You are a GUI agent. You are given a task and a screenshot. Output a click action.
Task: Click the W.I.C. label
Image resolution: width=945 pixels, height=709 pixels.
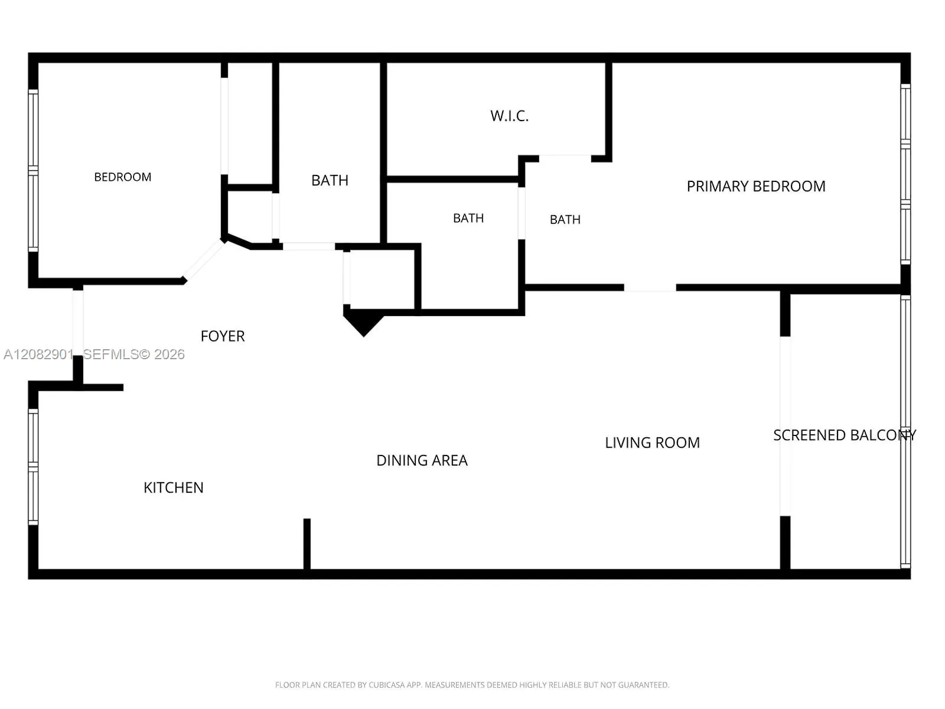509,116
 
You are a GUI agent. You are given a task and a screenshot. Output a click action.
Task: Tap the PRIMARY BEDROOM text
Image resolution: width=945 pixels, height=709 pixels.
755,186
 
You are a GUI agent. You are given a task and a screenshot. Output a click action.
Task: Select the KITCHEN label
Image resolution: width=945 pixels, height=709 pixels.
174,488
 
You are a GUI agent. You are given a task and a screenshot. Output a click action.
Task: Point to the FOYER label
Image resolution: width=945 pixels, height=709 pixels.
223,336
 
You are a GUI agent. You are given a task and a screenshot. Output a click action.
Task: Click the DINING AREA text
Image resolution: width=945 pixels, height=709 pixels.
422,461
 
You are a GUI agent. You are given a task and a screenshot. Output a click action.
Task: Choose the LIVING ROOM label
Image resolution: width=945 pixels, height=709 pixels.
652,443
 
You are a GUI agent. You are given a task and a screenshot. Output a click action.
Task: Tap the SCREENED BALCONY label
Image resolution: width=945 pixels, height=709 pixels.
845,435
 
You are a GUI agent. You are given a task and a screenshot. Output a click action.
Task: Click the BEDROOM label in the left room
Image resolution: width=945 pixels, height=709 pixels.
123,177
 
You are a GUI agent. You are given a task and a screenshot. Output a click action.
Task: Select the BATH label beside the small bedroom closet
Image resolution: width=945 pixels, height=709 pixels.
330,180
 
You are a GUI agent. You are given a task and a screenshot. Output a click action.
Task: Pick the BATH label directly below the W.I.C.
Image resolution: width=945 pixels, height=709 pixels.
468,218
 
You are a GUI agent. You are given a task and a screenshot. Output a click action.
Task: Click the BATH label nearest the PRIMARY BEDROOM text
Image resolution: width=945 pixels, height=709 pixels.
565,220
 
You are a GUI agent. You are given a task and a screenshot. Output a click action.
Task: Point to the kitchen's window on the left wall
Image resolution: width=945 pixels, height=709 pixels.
33,467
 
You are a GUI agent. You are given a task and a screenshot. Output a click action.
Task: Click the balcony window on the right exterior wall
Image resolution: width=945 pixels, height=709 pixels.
905,431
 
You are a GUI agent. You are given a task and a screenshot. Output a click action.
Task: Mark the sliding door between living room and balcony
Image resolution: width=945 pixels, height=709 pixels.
785,426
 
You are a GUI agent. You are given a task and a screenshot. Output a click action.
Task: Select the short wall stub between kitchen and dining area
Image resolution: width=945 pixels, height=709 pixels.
307,545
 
